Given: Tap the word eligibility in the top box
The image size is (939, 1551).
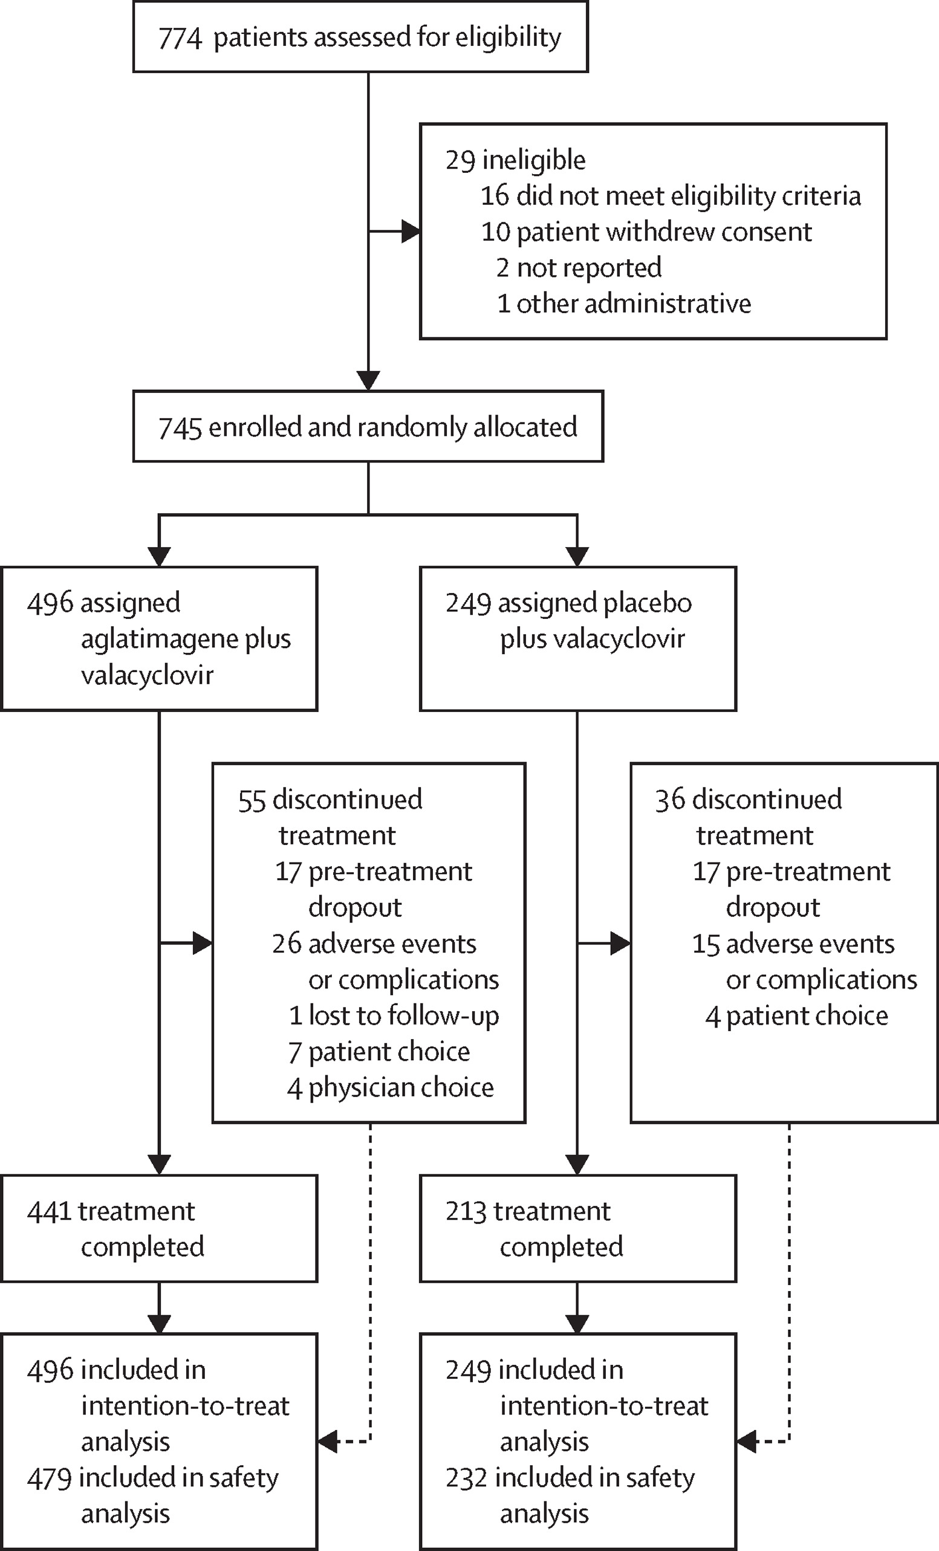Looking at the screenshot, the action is (x=508, y=37).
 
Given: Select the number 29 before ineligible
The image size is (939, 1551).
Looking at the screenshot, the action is (x=460, y=161).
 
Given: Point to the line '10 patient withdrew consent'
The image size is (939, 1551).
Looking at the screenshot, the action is (x=647, y=232).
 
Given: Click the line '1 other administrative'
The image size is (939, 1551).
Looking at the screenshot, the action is (x=624, y=303).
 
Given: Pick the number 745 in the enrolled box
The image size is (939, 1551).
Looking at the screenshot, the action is (x=180, y=428).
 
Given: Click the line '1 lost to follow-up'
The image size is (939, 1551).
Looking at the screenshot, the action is (x=394, y=1016).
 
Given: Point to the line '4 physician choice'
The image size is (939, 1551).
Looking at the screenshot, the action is (x=391, y=1088).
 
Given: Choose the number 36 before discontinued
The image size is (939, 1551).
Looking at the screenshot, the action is (x=670, y=800).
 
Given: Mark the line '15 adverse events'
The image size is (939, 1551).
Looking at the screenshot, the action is (x=793, y=944).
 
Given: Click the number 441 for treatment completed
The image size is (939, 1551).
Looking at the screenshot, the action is (x=49, y=1212).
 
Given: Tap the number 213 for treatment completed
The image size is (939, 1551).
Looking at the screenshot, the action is (x=467, y=1212).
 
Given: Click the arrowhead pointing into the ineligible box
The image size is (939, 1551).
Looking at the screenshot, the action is (x=411, y=232).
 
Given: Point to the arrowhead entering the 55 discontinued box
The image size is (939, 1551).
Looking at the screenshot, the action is (x=202, y=944).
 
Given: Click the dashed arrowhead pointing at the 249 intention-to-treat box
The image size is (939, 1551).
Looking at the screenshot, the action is (x=747, y=1441).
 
